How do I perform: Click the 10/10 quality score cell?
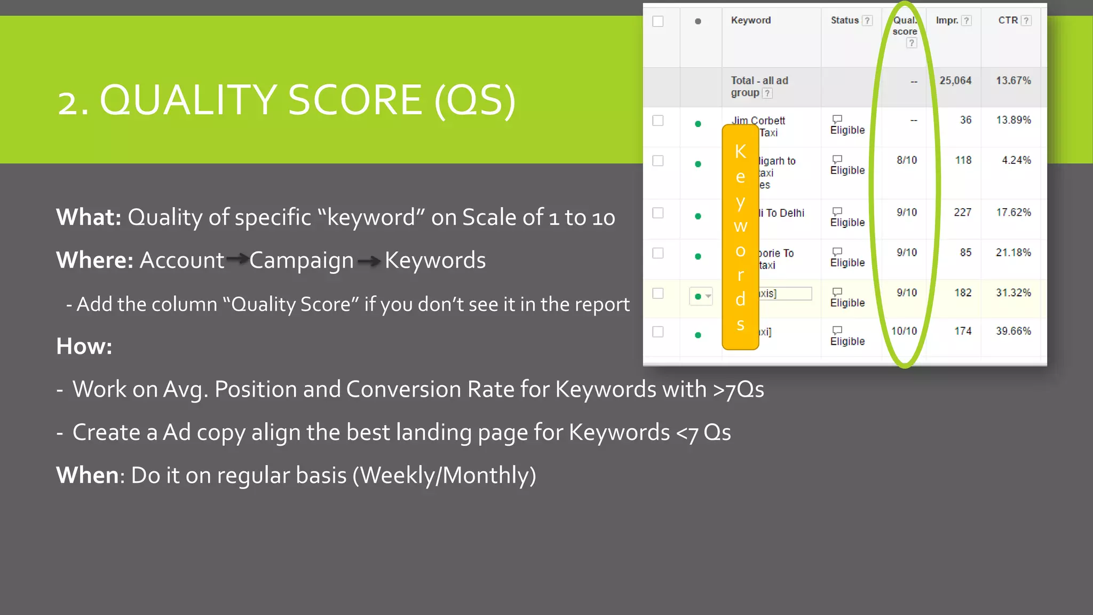tap(904, 331)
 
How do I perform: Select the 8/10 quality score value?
tap(907, 160)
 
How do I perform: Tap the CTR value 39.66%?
tap(1013, 331)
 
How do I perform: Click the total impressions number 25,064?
tap(955, 81)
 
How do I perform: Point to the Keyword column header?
tap(750, 20)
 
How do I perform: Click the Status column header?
tap(844, 20)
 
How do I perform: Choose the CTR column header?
tap(1008, 20)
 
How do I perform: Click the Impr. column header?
tap(947, 20)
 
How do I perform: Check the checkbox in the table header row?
tap(658, 21)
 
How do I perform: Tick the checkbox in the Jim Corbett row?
tap(658, 121)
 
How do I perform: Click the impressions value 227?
tap(962, 212)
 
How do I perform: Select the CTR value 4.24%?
tap(1016, 160)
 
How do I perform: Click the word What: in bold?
tap(89, 217)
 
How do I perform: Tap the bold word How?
tap(84, 346)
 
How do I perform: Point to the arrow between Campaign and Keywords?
tap(369, 261)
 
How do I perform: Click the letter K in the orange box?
tap(740, 152)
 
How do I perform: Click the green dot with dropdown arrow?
tap(701, 296)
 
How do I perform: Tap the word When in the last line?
tap(87, 475)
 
